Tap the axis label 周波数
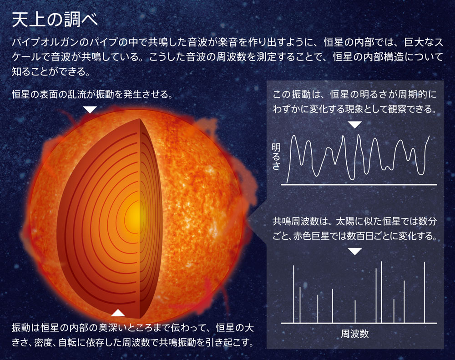[x=354, y=334]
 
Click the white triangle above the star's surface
[x=91, y=109]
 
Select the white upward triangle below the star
[x=118, y=313]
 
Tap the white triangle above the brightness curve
[x=354, y=124]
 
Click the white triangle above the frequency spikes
[x=354, y=251]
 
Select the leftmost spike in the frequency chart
[x=293, y=294]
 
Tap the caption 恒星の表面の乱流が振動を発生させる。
[x=92, y=95]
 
